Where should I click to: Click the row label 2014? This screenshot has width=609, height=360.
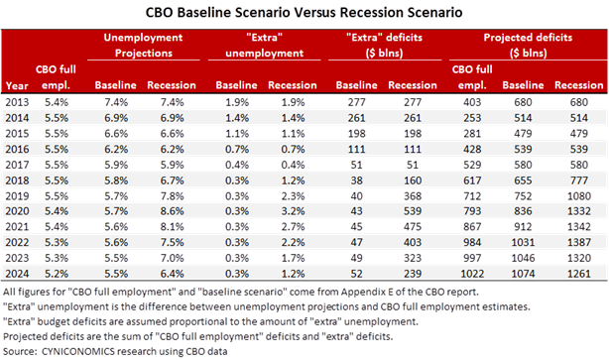16,116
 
